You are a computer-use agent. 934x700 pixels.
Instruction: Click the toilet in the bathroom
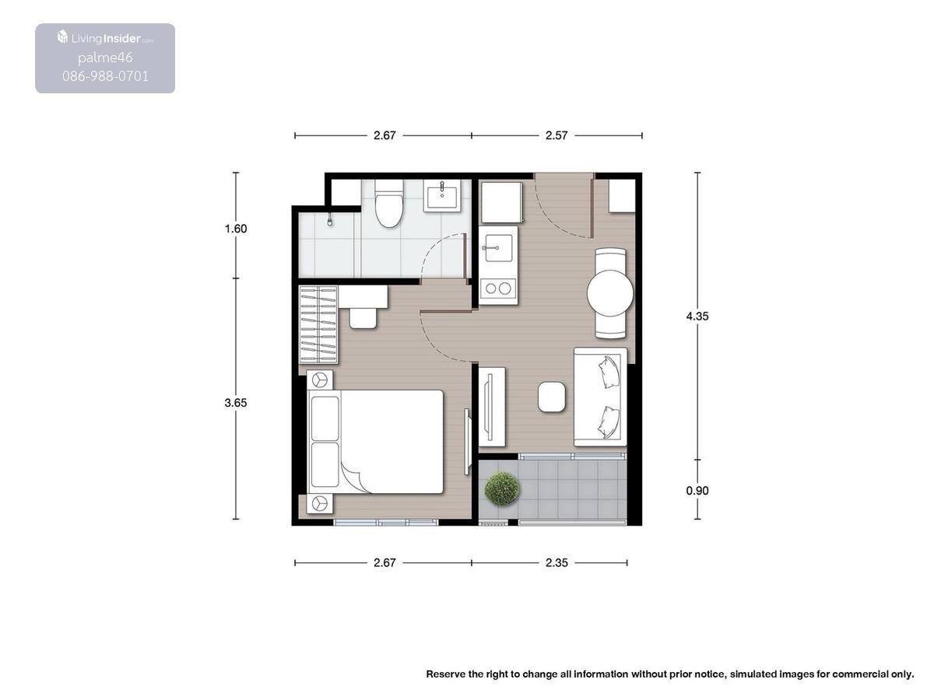[388, 204]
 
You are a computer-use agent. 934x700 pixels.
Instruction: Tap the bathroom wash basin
[441, 195]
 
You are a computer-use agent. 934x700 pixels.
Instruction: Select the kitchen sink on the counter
[498, 248]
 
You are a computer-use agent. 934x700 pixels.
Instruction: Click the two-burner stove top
[498, 289]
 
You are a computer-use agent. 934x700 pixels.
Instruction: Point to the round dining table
[609, 293]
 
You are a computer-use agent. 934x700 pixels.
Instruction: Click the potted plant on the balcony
[502, 488]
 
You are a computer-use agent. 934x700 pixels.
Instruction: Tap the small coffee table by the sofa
[552, 397]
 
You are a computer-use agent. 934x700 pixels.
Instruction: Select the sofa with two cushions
[600, 397]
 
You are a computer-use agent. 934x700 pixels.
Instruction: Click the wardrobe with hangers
[318, 325]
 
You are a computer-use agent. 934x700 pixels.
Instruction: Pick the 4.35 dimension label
[697, 316]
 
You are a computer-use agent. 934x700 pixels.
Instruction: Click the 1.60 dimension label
[236, 229]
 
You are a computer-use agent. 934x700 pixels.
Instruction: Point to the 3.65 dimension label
[236, 402]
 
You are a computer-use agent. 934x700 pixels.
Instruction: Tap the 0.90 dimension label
[697, 491]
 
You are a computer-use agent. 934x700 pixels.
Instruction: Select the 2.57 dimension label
[557, 135]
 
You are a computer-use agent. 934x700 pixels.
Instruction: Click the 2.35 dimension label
[557, 562]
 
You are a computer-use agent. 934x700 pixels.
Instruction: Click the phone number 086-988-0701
[105, 76]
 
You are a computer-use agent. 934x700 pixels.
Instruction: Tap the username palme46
[105, 58]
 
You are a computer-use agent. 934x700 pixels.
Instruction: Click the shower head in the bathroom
[330, 222]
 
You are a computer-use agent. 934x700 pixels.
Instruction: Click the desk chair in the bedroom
[363, 318]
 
